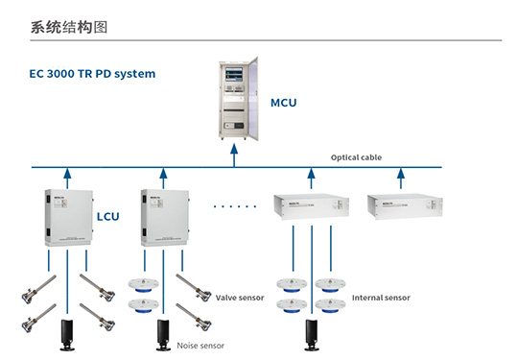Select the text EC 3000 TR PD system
(x=91, y=73)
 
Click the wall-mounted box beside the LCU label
(x=63, y=216)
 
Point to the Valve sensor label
(x=239, y=298)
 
